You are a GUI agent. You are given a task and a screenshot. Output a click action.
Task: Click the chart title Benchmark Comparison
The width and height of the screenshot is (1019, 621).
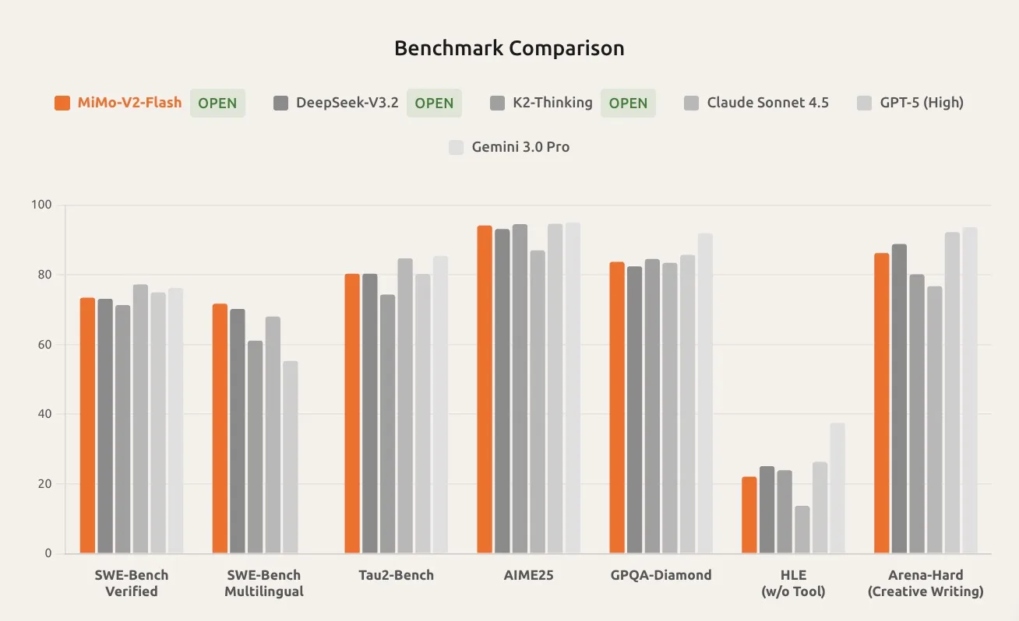click(509, 48)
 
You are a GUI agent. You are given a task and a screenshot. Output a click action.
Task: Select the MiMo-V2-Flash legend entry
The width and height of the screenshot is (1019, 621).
click(129, 103)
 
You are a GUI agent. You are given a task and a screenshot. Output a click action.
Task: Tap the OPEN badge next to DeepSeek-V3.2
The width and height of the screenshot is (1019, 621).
click(434, 103)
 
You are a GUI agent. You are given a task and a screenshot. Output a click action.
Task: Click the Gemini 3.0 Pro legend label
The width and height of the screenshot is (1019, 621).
click(520, 147)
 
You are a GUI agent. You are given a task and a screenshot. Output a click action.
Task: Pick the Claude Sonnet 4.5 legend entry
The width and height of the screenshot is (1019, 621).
click(767, 103)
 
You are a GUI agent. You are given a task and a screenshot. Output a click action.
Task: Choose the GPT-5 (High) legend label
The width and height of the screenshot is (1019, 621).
click(920, 103)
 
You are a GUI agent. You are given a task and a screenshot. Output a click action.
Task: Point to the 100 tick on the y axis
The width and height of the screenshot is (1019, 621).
click(41, 205)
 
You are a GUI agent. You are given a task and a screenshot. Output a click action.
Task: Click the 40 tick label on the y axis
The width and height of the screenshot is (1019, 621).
click(44, 414)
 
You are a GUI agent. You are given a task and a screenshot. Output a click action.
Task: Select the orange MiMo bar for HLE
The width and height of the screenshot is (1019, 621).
click(749, 515)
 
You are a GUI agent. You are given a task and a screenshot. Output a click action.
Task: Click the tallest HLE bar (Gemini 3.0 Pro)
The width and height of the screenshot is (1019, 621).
click(837, 488)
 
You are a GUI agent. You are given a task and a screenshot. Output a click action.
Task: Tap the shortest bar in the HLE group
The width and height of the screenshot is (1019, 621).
click(802, 530)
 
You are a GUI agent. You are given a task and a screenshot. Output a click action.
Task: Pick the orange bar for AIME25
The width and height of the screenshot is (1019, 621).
click(485, 389)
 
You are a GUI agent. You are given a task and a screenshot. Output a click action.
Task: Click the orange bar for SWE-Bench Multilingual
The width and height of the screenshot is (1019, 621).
click(220, 429)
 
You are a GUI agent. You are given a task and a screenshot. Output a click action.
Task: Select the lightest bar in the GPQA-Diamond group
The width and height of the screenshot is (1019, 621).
click(705, 393)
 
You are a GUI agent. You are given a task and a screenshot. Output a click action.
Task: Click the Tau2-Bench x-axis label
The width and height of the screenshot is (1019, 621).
click(396, 576)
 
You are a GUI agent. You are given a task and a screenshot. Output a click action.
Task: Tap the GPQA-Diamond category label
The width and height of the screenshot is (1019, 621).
click(661, 576)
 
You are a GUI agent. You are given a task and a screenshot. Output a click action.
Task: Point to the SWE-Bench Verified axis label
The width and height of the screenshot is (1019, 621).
click(132, 584)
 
